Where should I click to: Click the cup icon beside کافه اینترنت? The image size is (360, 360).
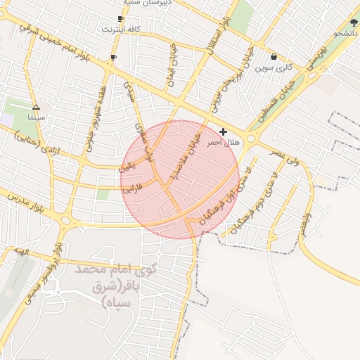click(x=120, y=19)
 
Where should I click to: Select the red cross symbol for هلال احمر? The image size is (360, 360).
click(x=224, y=131)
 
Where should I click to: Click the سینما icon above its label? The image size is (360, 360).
click(x=37, y=108)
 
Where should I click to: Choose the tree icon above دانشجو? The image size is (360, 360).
click(x=353, y=22)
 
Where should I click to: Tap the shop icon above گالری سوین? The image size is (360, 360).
click(x=274, y=57)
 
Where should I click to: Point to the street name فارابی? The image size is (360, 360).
click(x=133, y=188)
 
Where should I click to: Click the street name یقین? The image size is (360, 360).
click(x=127, y=167)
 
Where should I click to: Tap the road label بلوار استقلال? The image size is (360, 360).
click(x=217, y=35)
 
